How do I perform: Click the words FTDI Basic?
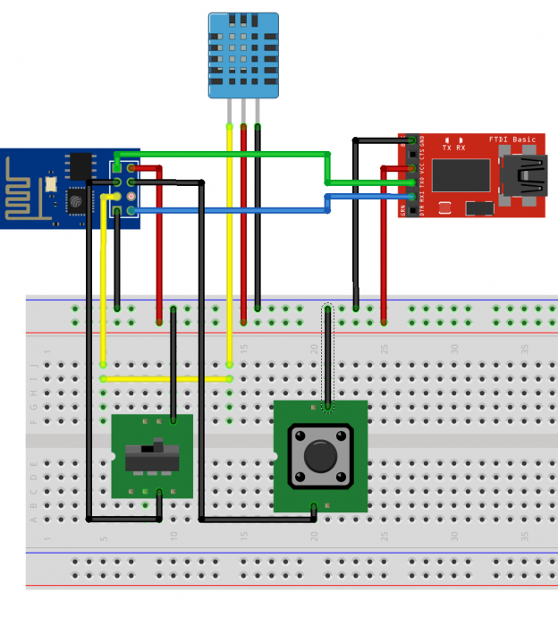pos(512,140)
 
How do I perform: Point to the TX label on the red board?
pos(446,148)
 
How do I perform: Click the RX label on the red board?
pos(461,148)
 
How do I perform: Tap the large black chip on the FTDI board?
pos(461,176)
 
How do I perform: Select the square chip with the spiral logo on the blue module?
pos(78,200)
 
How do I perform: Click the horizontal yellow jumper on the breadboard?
pos(166,379)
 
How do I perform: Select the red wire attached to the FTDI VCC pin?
pos(384,250)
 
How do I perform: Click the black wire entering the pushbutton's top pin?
pos(328,358)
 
